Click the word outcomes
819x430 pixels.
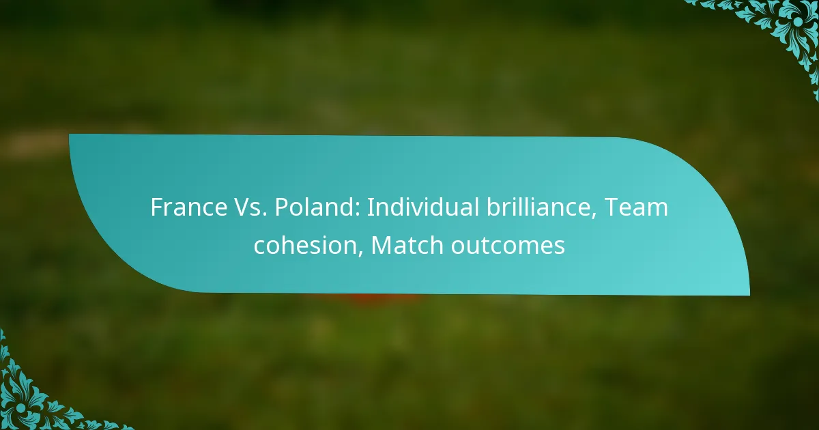tap(507, 244)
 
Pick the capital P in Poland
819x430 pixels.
tap(278, 207)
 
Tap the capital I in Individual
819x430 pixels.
tap(370, 207)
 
